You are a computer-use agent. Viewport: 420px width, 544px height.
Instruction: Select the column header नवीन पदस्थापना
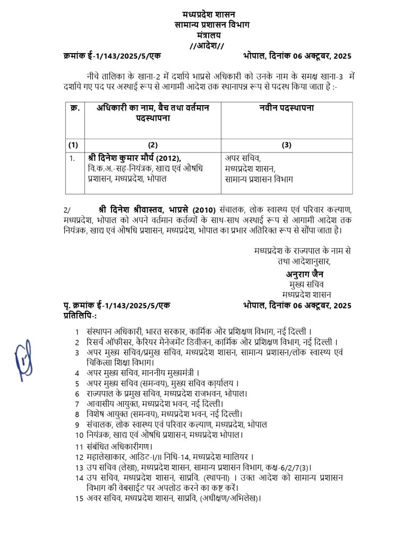coord(287,108)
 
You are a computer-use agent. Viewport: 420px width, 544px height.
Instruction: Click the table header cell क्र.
coord(75,108)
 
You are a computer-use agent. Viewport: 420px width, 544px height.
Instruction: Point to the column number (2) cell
coord(153,145)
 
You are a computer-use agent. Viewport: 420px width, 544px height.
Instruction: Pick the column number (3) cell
coord(287,145)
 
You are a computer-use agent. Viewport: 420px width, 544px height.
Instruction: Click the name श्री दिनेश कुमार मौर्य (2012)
coord(135,157)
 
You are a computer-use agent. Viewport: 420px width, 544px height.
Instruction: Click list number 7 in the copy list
coord(77,403)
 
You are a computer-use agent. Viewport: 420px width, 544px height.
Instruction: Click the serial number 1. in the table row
coord(72,158)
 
